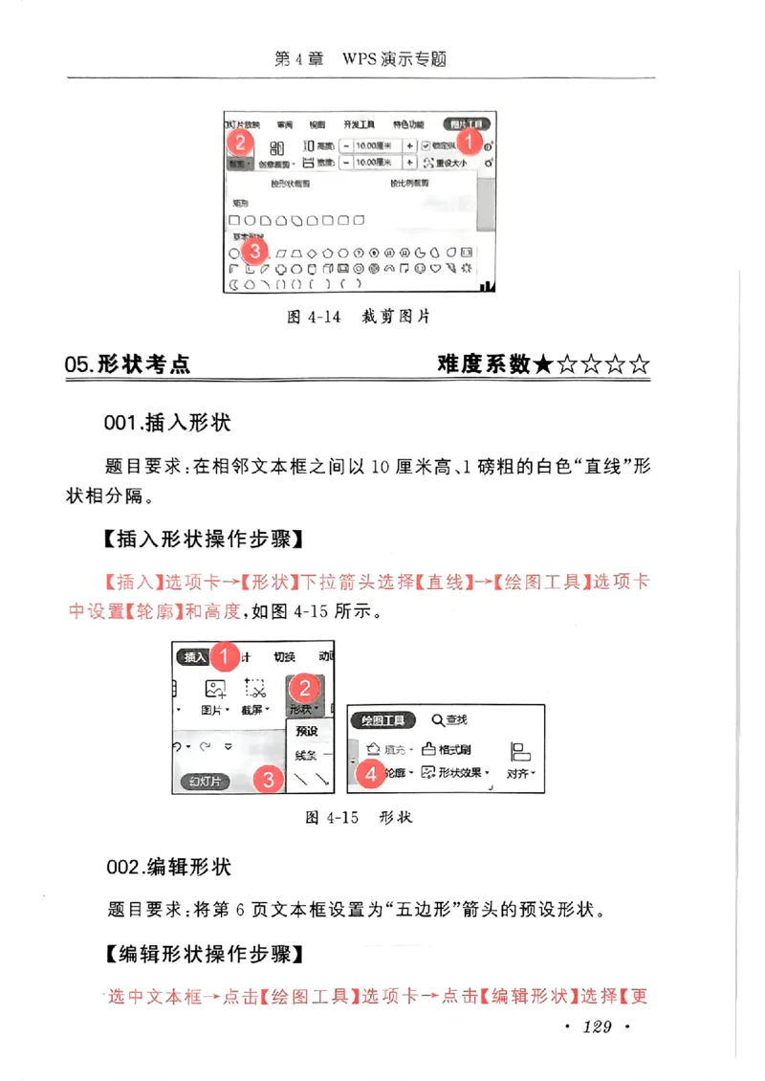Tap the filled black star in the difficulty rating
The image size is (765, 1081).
point(543,364)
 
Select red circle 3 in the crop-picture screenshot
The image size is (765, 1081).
point(253,250)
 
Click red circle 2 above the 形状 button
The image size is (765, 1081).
point(304,687)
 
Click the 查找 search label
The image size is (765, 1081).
point(449,720)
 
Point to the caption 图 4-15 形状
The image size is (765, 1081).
point(358,819)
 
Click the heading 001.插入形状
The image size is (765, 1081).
point(167,422)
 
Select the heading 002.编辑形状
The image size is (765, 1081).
point(168,868)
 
